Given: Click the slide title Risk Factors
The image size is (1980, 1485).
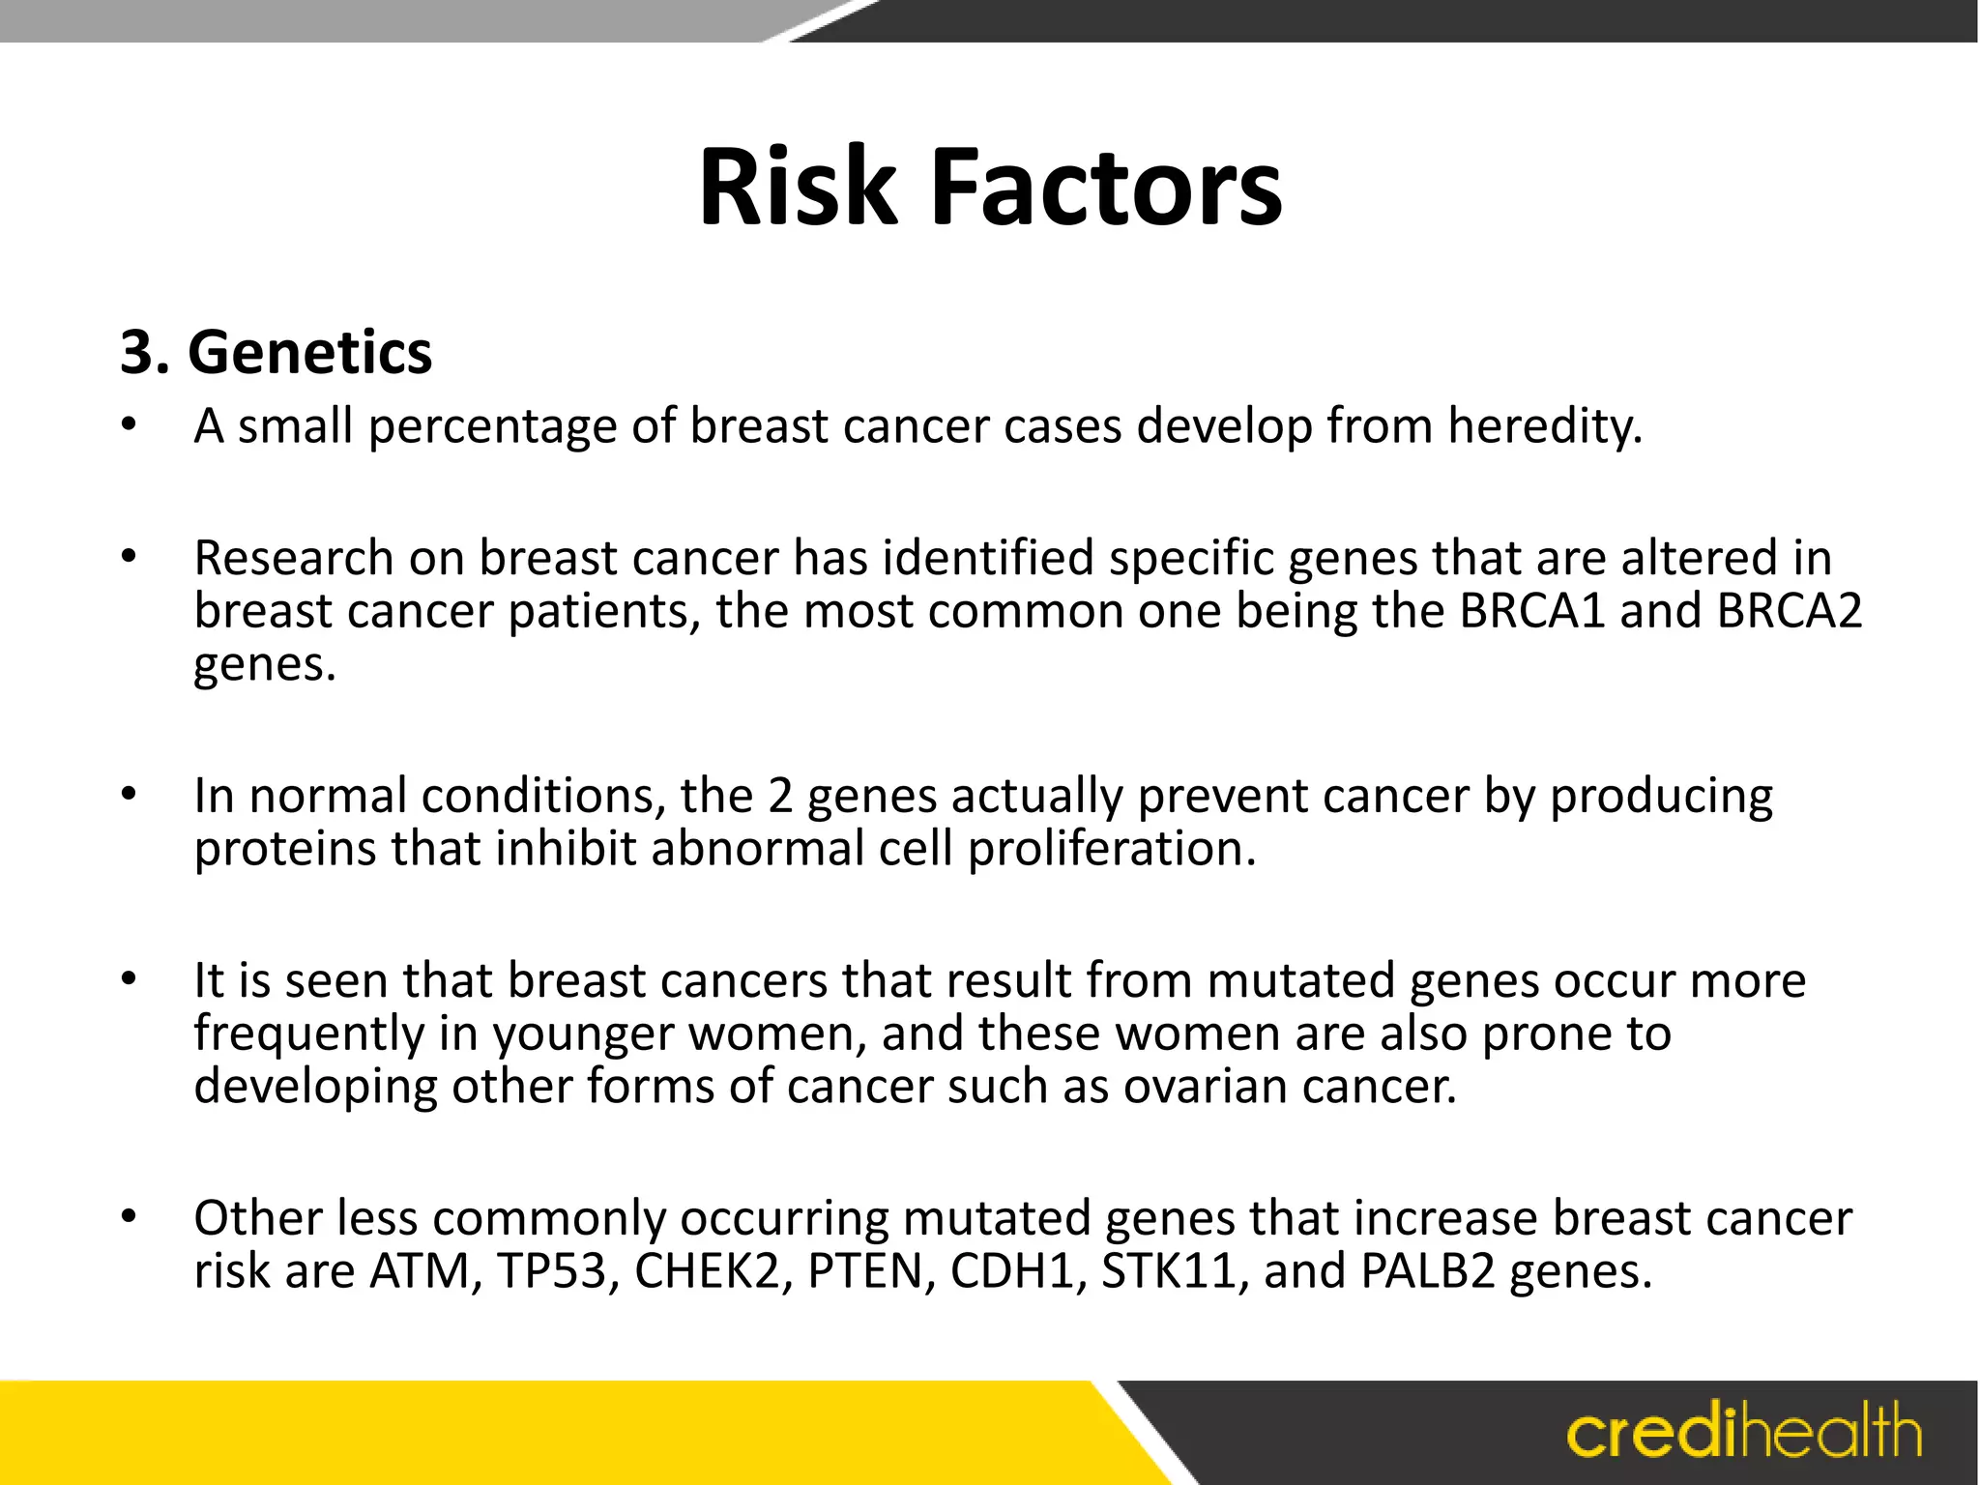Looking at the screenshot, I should coord(990,187).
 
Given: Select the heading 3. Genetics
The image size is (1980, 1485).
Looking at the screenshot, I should coord(277,352).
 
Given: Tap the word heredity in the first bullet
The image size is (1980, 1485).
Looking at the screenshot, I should coord(1544,425).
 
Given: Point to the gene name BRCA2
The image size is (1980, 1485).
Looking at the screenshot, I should coord(1790,611).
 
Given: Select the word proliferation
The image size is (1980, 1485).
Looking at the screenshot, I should coord(1112,849).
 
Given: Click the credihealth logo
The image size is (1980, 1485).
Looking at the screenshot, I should coord(1743,1432).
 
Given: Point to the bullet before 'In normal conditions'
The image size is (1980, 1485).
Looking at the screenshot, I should coord(130,795).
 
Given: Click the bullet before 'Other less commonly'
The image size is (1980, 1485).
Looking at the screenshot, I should coord(130,1216).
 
